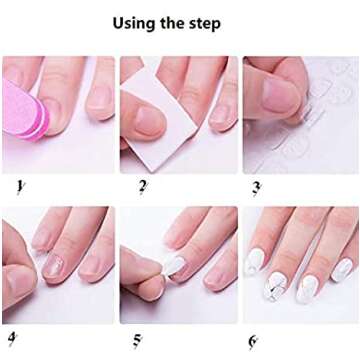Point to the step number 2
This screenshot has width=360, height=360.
(143, 186)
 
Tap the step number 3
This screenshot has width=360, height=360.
(256, 187)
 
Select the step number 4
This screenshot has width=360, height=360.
(12, 337)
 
